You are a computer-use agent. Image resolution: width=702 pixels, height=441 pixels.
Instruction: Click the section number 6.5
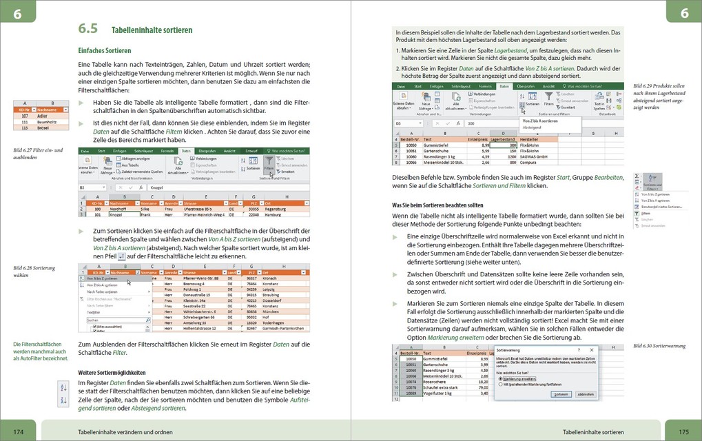click(87, 30)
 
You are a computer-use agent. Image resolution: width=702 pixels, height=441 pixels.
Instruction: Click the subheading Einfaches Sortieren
click(104, 51)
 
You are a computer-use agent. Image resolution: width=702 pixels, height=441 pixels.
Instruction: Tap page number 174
click(19, 431)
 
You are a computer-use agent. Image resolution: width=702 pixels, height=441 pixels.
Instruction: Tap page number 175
click(682, 431)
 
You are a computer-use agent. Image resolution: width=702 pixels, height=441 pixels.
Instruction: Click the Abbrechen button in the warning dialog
click(585, 394)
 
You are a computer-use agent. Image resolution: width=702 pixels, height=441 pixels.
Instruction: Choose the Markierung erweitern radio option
click(519, 378)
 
